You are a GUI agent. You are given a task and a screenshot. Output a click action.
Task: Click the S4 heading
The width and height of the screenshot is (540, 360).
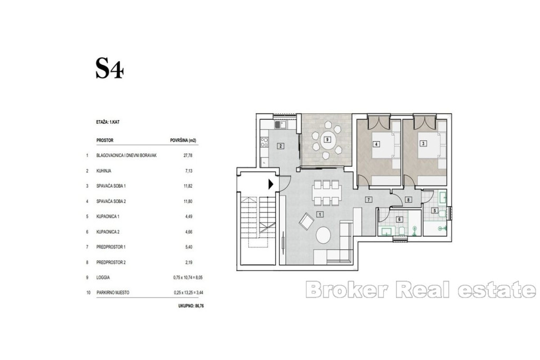[110, 69]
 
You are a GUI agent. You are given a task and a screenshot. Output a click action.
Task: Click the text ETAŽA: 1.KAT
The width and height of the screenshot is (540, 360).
[108, 122]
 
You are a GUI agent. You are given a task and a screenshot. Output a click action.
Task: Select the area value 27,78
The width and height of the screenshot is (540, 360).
[188, 155]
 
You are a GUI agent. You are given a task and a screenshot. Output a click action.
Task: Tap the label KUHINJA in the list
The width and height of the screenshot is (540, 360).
[104, 171]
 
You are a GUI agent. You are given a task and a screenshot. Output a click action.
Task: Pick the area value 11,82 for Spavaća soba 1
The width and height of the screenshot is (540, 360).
[188, 186]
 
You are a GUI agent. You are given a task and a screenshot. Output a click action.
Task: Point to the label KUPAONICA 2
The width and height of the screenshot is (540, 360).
[108, 232]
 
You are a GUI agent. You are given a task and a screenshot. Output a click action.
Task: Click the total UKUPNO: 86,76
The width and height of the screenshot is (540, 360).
[191, 305]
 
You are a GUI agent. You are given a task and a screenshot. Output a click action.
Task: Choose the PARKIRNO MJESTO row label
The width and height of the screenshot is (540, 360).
[113, 293]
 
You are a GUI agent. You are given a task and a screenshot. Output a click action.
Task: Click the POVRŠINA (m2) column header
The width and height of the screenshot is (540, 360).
[183, 140]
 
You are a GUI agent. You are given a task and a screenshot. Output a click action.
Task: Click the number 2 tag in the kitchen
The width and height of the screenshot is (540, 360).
[281, 146]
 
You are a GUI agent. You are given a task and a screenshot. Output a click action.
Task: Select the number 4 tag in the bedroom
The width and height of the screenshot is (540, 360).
[377, 144]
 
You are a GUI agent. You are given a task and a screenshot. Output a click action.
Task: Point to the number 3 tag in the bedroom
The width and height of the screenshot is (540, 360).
[423, 143]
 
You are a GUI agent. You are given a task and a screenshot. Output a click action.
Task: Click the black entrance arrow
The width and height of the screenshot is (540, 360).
[271, 184]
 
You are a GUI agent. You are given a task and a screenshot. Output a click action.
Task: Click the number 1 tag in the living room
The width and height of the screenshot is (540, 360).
[320, 215]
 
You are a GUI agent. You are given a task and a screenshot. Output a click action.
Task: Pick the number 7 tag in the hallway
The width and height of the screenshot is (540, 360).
[369, 200]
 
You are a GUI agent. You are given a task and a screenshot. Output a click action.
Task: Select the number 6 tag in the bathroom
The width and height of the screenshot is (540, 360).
[400, 219]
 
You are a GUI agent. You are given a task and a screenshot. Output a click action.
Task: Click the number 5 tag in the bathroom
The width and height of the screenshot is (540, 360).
[435, 210]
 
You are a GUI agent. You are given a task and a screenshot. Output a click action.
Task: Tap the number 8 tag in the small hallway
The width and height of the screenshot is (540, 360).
[409, 200]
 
